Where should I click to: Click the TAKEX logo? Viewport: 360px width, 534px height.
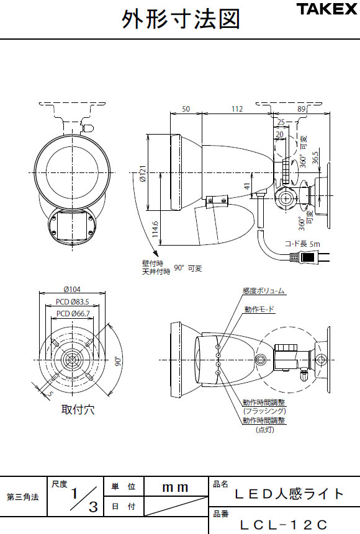326,9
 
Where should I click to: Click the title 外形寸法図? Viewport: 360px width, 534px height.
181,19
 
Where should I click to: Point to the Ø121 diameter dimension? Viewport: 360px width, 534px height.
143,174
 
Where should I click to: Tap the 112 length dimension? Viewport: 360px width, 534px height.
237,109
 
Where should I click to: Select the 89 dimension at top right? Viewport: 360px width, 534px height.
301,109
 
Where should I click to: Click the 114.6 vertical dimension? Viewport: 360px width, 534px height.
155,229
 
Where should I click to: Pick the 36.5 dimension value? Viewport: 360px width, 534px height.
315,158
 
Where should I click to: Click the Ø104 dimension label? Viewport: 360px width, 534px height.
72,290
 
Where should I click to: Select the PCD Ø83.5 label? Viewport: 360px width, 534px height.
72,302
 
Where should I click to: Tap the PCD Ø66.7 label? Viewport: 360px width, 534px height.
73,313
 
